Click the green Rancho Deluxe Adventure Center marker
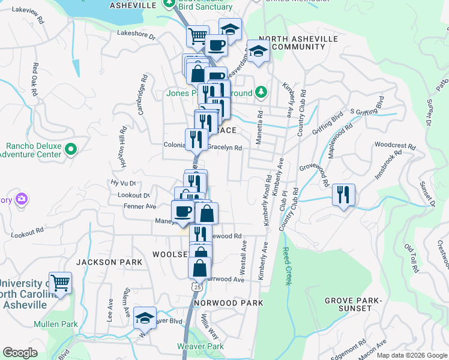coord(71,149)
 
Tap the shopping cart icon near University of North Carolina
coord(60,283)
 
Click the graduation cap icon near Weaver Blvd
coord(145,318)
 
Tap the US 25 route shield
coord(196,288)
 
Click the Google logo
coord(20,353)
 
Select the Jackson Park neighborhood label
coord(109,262)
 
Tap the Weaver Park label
coord(200,346)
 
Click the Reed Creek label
coord(286,266)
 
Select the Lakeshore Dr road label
coord(136,35)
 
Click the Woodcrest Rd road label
coord(394,145)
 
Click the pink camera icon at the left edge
coord(22,199)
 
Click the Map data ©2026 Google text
coord(411,355)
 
